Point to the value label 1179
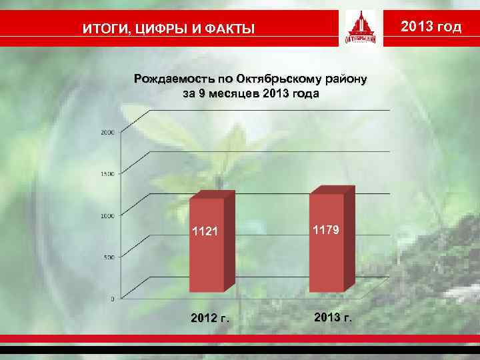pyautogui.click(x=327, y=229)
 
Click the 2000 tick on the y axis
pyautogui.click(x=107, y=133)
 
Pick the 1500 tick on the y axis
pyautogui.click(x=107, y=174)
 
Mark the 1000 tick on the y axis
pyautogui.click(x=107, y=215)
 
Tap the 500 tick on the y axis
pyautogui.click(x=109, y=257)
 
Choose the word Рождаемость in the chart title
pyautogui.click(x=171, y=79)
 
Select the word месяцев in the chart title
pyautogui.click(x=233, y=94)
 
